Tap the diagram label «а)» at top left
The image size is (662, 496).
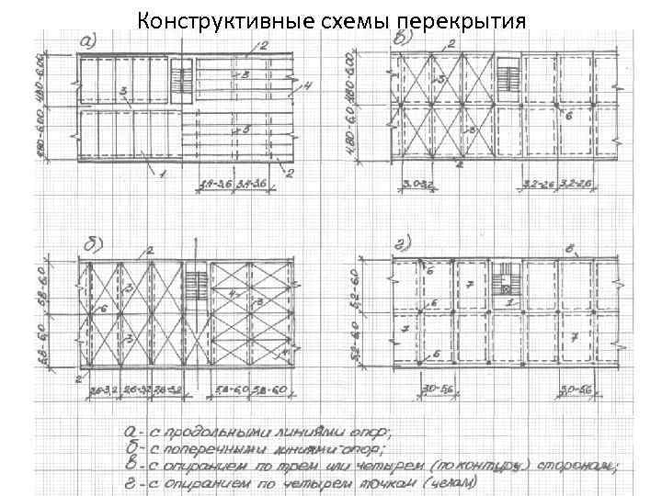coord(90,39)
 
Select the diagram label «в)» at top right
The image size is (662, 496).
coord(403,39)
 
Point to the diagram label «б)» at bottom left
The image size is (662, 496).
coord(93,243)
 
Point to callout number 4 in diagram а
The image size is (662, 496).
coord(308,85)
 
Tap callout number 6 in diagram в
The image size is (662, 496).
coord(569,117)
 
